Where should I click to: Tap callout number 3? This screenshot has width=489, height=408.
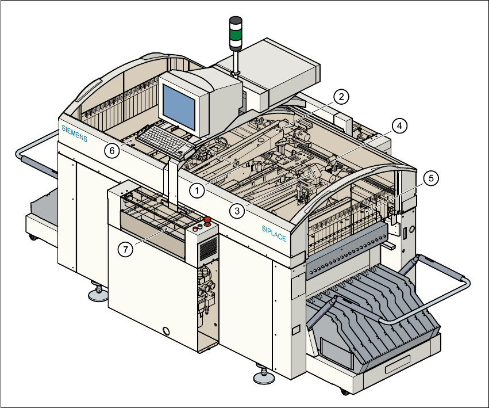coord(236,211)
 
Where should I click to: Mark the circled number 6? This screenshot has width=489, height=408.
coord(112,151)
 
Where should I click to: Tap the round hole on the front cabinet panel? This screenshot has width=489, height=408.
coord(167,331)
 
